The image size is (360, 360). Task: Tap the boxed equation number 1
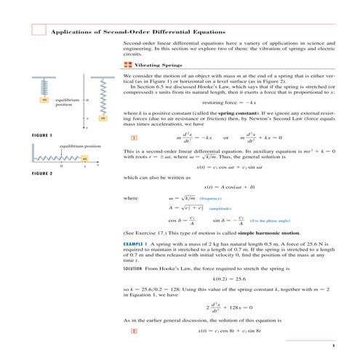click(134, 138)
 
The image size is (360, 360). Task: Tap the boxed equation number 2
click(134, 332)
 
